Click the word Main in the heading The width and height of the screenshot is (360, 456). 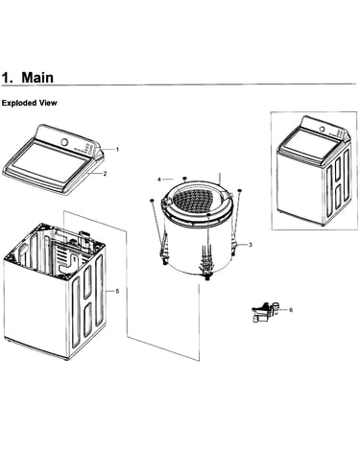37,78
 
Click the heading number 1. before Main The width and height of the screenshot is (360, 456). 8,78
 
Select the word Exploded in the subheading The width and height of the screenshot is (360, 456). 19,103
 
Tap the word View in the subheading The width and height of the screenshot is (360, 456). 48,103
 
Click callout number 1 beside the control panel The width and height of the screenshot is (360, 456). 117,149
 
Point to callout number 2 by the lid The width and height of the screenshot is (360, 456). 105,174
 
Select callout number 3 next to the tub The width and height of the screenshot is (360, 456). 251,245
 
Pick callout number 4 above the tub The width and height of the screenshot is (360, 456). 159,180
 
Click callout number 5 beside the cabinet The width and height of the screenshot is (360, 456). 117,291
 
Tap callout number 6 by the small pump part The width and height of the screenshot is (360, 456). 291,310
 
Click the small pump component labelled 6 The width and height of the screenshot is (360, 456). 264,311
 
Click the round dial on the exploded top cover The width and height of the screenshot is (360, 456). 65,142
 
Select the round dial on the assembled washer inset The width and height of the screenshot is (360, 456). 323,130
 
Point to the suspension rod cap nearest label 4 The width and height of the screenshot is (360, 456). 184,179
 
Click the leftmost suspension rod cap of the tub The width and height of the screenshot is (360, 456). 152,200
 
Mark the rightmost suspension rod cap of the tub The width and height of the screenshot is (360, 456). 240,191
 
